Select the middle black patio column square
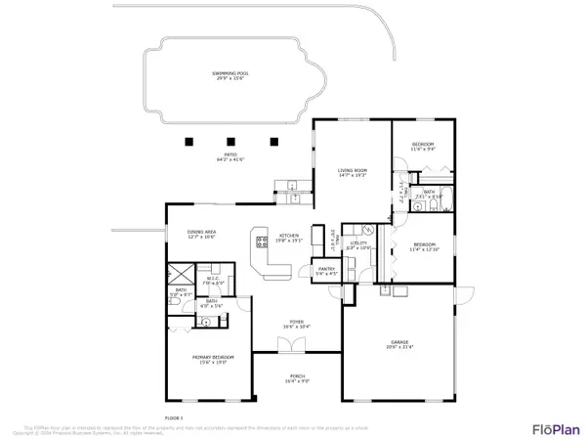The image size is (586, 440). click(230, 139)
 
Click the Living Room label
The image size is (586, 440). click(352, 172)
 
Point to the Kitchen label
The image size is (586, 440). click(290, 238)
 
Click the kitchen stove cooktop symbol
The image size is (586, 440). click(261, 238)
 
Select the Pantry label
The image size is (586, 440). click(325, 271)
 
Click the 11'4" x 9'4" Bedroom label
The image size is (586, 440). click(423, 148)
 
